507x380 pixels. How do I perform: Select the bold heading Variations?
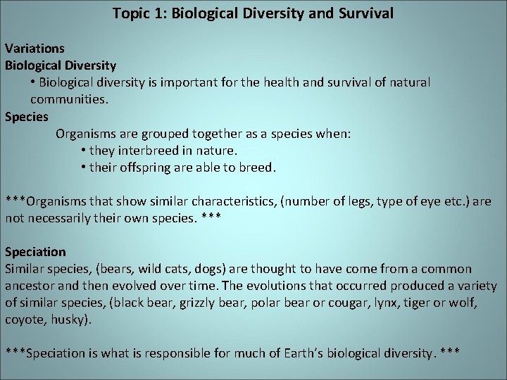tap(35, 49)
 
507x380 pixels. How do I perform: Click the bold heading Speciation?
tap(35, 251)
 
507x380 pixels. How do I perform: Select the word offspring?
tap(156, 167)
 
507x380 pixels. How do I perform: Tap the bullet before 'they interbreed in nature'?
tap(84, 151)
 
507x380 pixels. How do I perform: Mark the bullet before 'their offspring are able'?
tap(84, 167)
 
